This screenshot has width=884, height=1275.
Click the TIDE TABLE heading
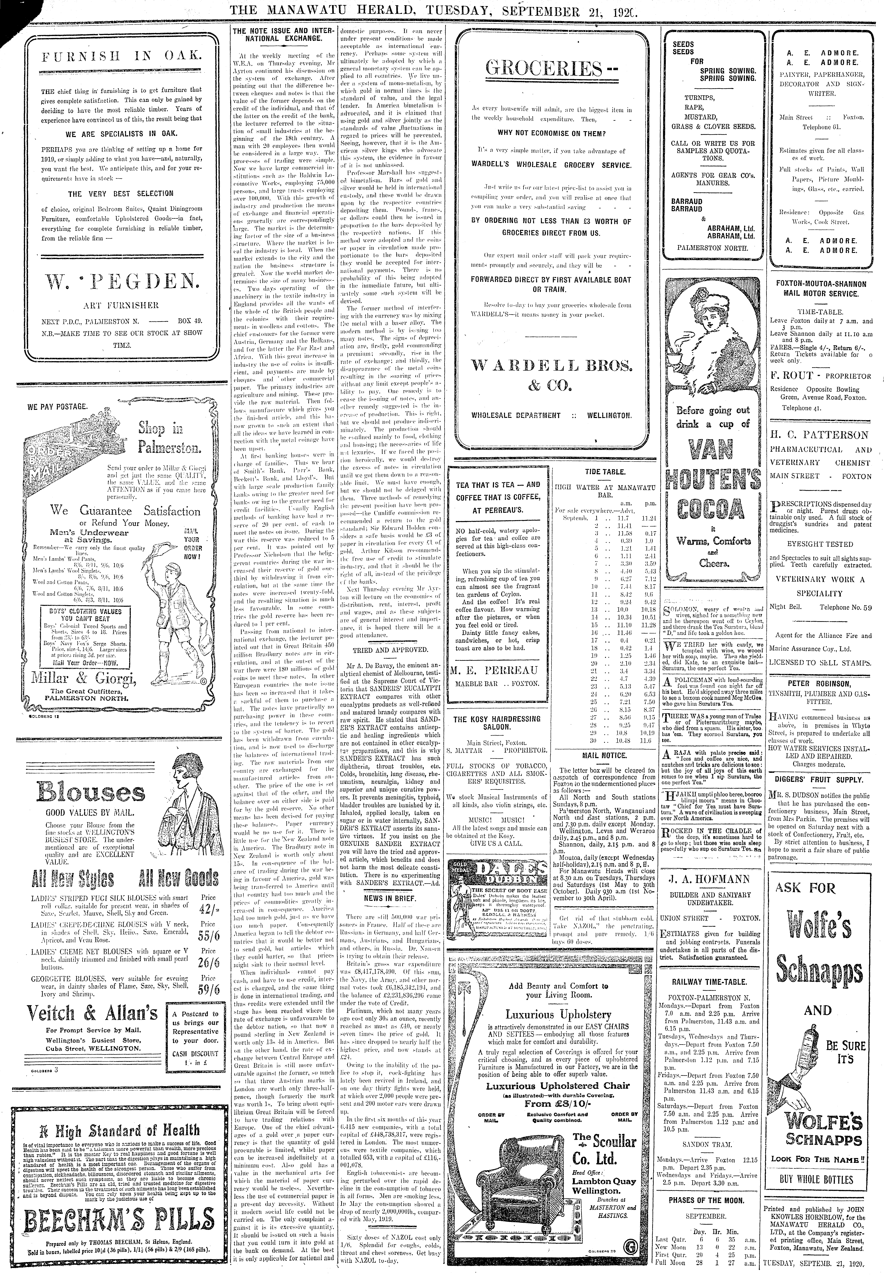tap(605, 472)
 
